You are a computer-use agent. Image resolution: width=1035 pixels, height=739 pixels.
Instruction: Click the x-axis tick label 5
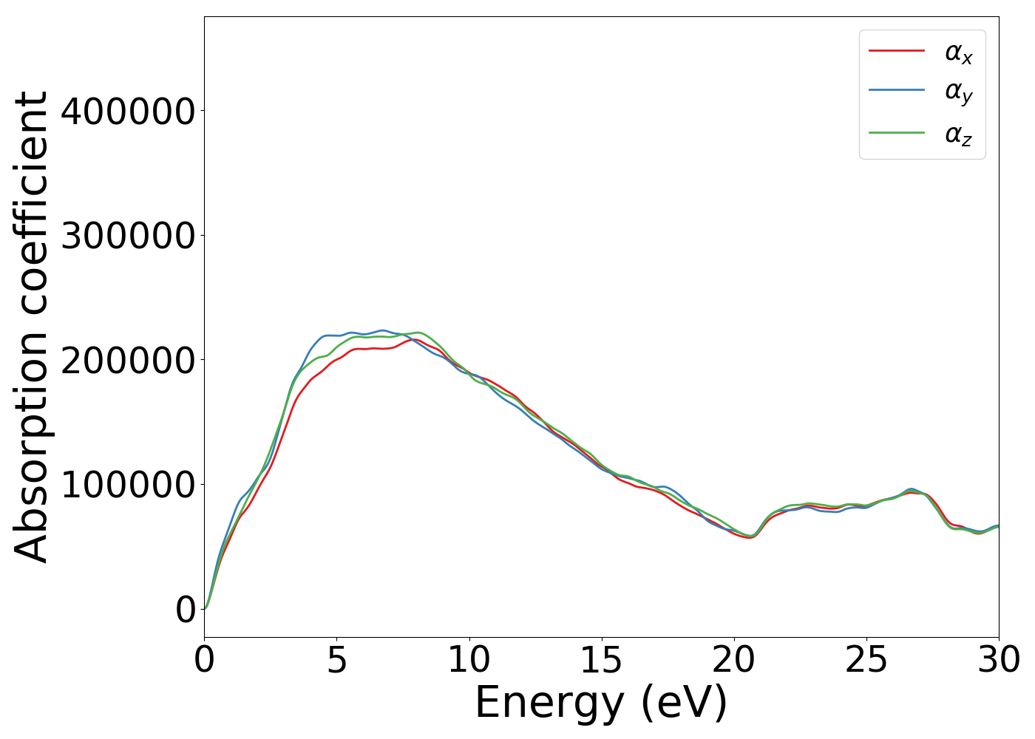click(336, 660)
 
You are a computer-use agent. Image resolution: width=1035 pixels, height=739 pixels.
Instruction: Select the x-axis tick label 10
click(469, 660)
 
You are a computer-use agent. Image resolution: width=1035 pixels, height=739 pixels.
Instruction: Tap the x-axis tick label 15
click(601, 660)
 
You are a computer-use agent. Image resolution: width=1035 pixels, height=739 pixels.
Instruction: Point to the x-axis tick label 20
click(733, 660)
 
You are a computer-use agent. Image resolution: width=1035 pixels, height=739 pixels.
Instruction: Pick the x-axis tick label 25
click(866, 660)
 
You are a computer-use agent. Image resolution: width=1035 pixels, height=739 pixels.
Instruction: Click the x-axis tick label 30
click(998, 660)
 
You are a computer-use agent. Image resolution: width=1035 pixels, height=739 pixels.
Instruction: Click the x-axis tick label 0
click(204, 660)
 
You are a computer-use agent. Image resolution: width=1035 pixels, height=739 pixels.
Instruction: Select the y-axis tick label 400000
click(127, 111)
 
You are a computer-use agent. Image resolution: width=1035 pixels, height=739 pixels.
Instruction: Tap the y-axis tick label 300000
click(127, 236)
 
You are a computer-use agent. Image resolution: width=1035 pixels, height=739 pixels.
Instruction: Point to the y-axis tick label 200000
click(127, 361)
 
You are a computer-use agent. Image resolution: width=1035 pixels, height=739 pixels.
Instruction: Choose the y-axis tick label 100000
click(127, 485)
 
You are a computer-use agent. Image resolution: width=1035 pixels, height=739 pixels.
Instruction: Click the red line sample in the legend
click(896, 51)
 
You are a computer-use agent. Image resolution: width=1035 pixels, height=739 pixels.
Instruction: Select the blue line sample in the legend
click(896, 90)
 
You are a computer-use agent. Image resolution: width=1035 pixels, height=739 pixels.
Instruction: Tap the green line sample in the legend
click(896, 133)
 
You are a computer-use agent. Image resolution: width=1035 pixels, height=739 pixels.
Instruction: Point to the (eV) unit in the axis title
click(684, 704)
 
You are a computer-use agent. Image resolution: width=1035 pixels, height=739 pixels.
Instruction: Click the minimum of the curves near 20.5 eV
click(750, 537)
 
